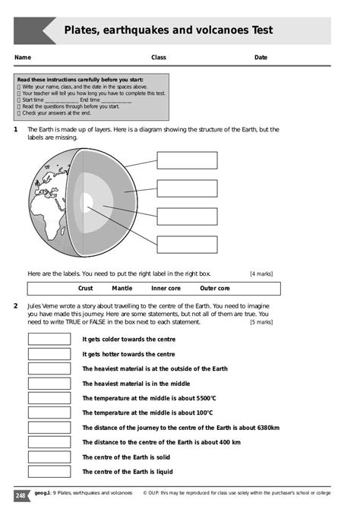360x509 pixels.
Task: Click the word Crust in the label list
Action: point(86,289)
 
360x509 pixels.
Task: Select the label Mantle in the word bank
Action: point(122,289)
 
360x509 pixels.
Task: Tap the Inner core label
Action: point(166,289)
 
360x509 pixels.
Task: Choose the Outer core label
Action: point(215,289)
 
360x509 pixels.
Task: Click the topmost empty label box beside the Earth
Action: point(187,160)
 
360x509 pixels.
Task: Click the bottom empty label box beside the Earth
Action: point(187,244)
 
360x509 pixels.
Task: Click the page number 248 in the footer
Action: point(21,495)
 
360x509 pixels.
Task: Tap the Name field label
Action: point(23,58)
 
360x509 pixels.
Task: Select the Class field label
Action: point(159,58)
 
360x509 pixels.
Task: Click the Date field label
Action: point(261,58)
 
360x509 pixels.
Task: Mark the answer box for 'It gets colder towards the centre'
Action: point(49,340)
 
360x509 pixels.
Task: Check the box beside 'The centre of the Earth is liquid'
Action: point(49,472)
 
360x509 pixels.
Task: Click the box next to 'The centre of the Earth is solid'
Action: point(49,457)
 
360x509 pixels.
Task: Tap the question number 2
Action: point(16,305)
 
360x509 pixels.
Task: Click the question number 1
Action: point(16,130)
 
